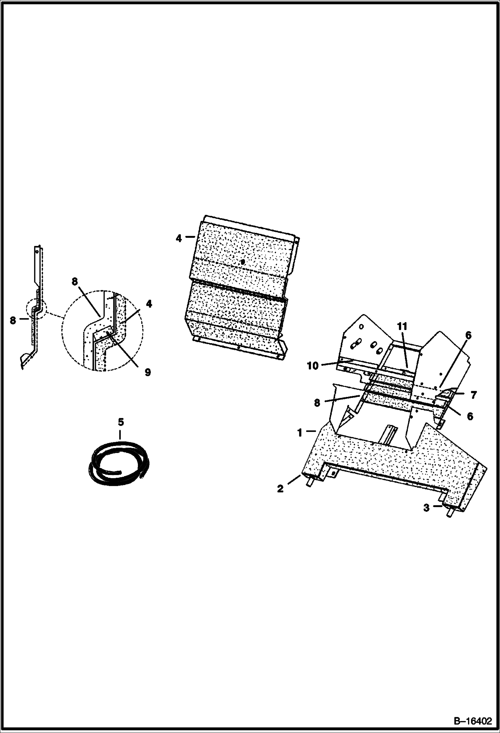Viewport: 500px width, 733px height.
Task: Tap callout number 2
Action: click(280, 489)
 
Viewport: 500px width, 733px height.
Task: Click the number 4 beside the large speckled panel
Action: click(179, 239)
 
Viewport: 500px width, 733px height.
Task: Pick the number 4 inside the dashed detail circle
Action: click(149, 304)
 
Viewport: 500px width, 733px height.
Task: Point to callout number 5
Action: click(121, 422)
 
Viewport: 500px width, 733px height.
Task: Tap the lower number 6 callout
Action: click(470, 416)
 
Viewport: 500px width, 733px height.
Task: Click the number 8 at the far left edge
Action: click(13, 320)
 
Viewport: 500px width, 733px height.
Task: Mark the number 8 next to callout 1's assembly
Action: click(317, 403)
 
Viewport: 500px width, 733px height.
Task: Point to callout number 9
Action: click(148, 372)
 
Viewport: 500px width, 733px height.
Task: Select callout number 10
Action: click(313, 366)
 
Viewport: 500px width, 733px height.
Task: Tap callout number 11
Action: click(403, 327)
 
